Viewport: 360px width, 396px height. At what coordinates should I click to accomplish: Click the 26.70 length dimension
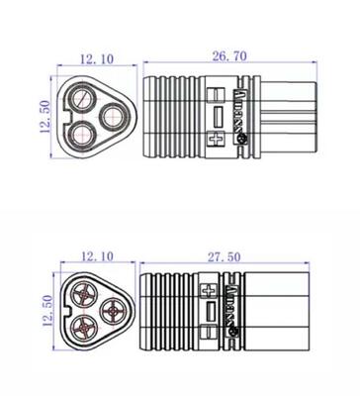(x=229, y=57)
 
